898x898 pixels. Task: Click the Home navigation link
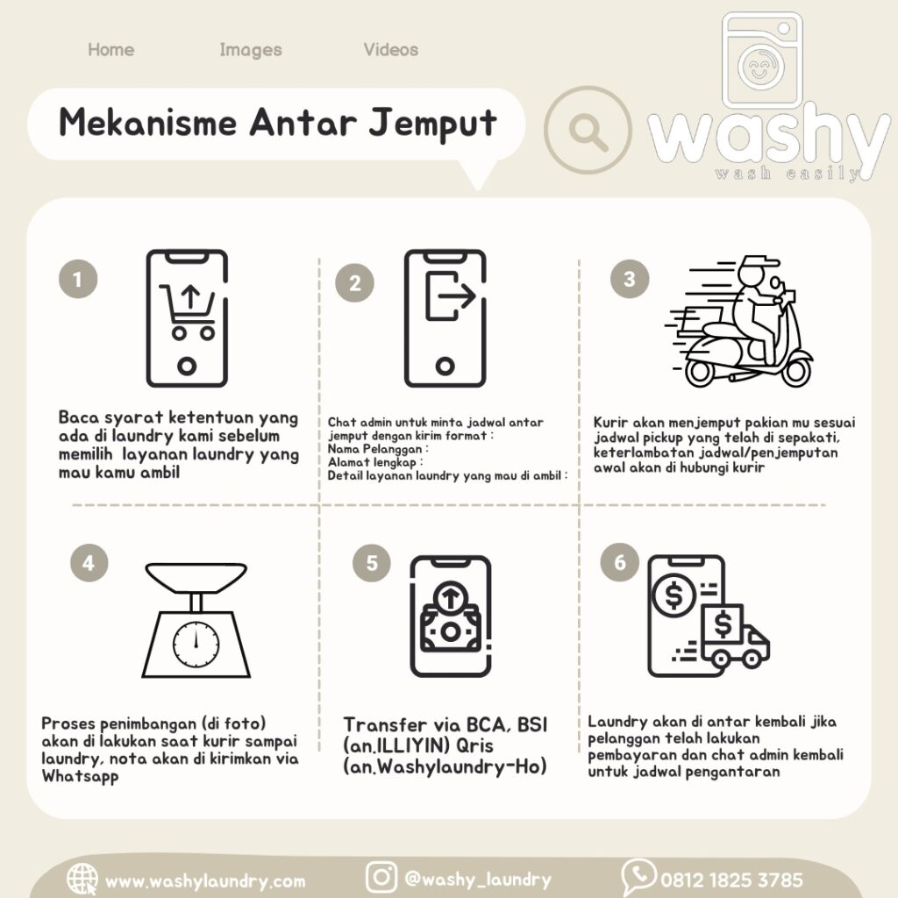pyautogui.click(x=110, y=50)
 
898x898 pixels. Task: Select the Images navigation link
pyautogui.click(x=250, y=50)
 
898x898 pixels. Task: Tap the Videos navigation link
pyautogui.click(x=390, y=50)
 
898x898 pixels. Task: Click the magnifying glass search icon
pyautogui.click(x=588, y=131)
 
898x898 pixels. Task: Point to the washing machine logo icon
pyautogui.click(x=762, y=61)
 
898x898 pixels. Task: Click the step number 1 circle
pyautogui.click(x=78, y=279)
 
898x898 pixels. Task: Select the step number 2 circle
pyautogui.click(x=354, y=282)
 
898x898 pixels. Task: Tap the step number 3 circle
pyautogui.click(x=630, y=278)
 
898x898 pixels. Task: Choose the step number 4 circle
pyautogui.click(x=89, y=562)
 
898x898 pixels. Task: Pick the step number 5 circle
pyautogui.click(x=372, y=562)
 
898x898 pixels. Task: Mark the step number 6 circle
pyautogui.click(x=620, y=562)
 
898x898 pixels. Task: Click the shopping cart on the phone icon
pyautogui.click(x=188, y=312)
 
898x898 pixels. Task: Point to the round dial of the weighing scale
pyautogui.click(x=196, y=645)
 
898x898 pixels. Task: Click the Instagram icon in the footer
pyautogui.click(x=381, y=877)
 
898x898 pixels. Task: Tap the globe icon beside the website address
pyautogui.click(x=82, y=879)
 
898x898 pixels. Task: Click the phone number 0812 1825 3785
pyautogui.click(x=731, y=880)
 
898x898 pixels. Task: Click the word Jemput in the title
pyautogui.click(x=432, y=124)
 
